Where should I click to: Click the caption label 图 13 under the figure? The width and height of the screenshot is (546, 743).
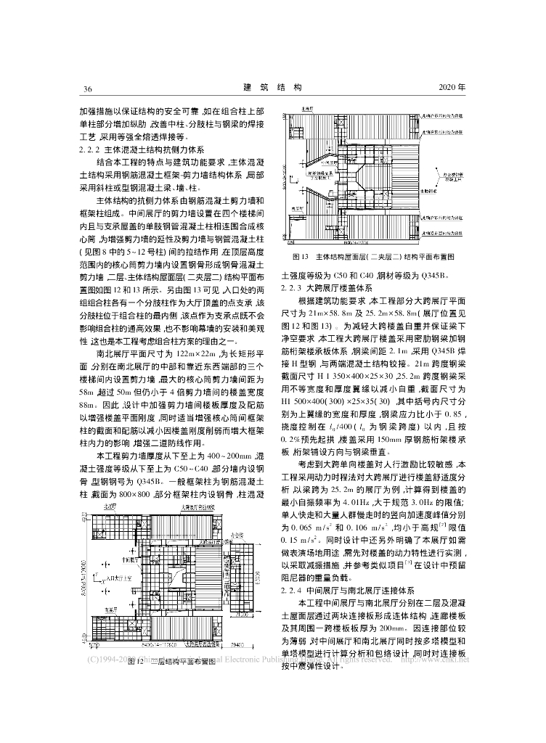tap(301, 257)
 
